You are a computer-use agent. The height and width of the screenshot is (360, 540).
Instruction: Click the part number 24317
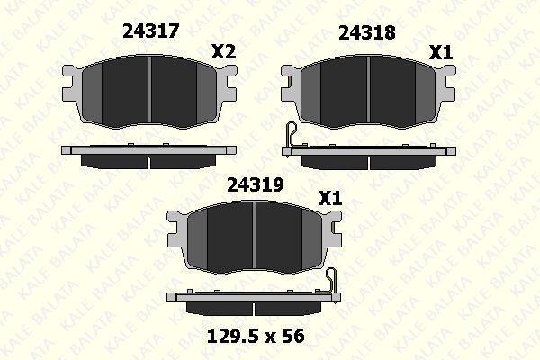point(150,31)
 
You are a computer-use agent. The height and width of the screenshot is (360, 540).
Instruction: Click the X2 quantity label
point(222,52)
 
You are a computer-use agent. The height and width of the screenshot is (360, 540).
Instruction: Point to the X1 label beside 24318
point(440,53)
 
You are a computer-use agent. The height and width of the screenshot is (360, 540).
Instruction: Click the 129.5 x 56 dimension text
point(256,336)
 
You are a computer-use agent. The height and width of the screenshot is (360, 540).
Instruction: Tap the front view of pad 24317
point(149,90)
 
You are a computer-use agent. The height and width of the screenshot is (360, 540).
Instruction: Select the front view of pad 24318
point(367,90)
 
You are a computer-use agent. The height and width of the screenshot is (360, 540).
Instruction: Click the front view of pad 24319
point(256,237)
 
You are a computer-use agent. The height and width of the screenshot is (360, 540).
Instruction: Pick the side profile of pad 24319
point(251,302)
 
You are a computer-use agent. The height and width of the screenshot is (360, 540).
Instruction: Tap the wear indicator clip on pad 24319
point(333,282)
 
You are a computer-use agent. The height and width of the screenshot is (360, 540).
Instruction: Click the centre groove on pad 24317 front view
point(149,90)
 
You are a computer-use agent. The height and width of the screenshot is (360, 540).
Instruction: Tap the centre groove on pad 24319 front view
point(256,237)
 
